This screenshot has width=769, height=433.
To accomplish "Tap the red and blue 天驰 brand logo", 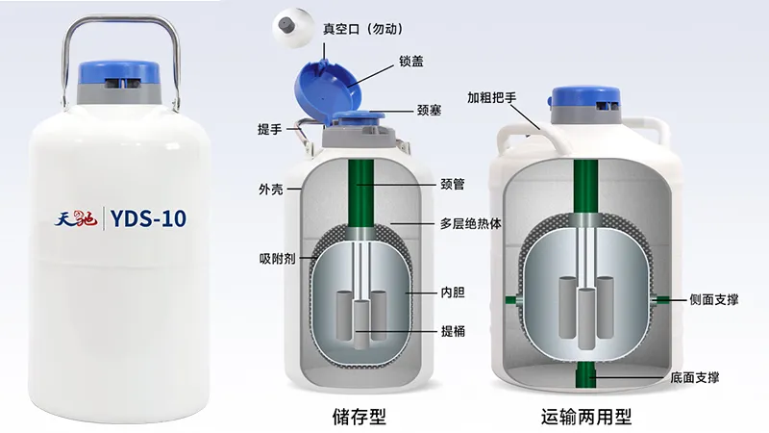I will pyautogui.click(x=77, y=219).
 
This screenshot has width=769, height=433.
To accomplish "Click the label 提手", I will pyautogui.click(x=270, y=129).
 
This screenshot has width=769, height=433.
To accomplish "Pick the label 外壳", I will pyautogui.click(x=270, y=189).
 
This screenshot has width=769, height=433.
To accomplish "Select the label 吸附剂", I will pyautogui.click(x=276, y=257).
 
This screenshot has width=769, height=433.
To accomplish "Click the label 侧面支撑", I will pyautogui.click(x=713, y=299).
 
